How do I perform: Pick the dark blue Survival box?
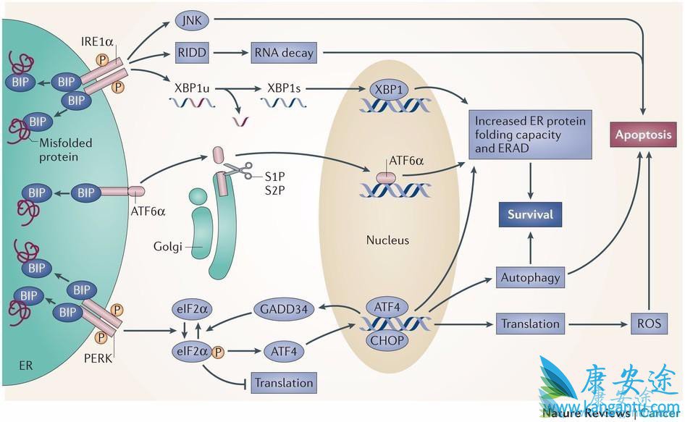coord(531,214)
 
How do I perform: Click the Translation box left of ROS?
coord(530,324)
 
